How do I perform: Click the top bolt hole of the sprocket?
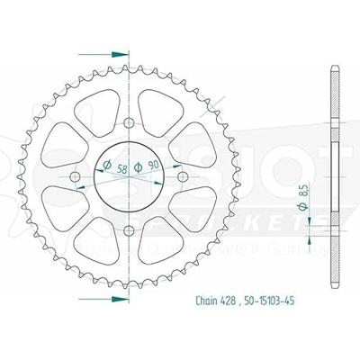pos(130,122)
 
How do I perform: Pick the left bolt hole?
pos(76,176)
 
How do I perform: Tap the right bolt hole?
pos(184,176)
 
